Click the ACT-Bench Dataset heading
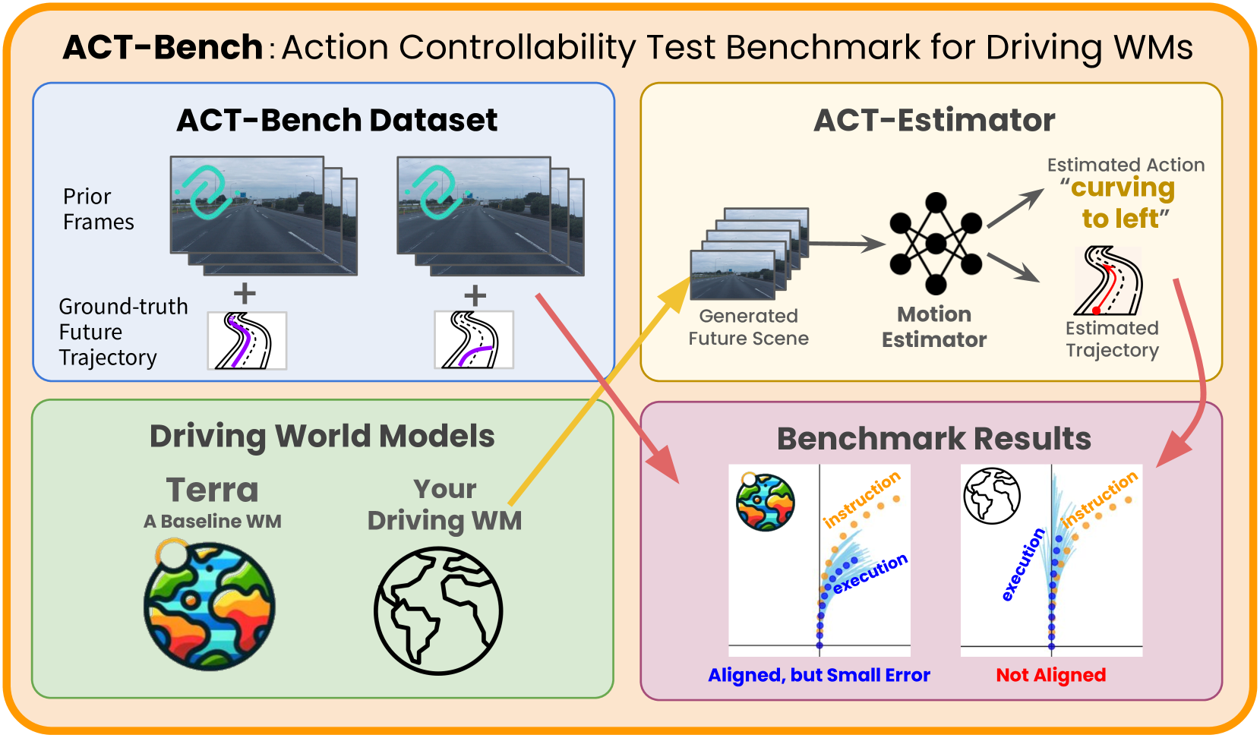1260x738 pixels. tap(336, 120)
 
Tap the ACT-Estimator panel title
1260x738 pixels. tap(934, 120)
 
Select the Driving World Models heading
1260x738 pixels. tap(322, 436)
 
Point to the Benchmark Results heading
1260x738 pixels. tap(933, 439)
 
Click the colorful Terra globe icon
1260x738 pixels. tap(210, 605)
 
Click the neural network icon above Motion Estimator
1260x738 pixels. tap(936, 244)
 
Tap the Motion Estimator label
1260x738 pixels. tap(934, 326)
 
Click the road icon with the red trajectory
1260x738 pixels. tap(1109, 281)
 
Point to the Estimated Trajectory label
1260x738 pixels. tap(1112, 339)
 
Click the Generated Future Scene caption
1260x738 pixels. tap(748, 326)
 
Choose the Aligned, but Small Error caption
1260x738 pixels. tap(819, 675)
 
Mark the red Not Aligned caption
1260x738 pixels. tap(1050, 675)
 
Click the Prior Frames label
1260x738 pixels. tap(98, 209)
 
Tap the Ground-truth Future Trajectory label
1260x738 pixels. tap(123, 332)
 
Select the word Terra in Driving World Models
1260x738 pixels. tap(212, 490)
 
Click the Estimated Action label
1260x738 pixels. tap(1126, 165)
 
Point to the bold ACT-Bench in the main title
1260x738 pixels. tap(163, 47)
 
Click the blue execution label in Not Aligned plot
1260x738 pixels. tap(1022, 565)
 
